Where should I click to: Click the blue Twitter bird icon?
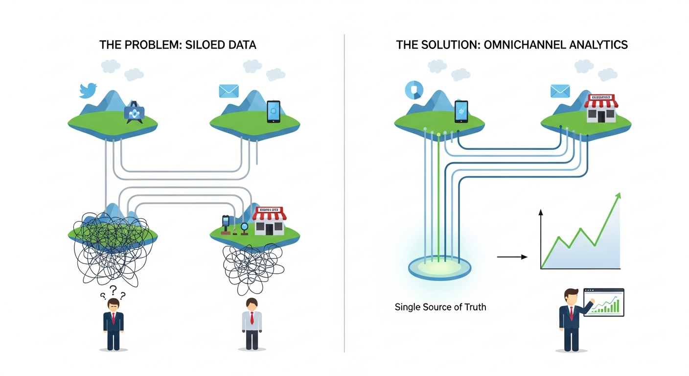[x=89, y=91]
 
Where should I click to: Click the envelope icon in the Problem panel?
[x=229, y=91]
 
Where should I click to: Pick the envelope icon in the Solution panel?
[x=560, y=91]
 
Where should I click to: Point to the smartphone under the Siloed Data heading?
[x=274, y=111]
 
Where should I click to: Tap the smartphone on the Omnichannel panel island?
[x=461, y=111]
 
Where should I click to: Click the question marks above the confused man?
[x=114, y=293]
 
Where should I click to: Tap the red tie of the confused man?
[x=114, y=319]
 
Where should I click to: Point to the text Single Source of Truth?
[x=440, y=307]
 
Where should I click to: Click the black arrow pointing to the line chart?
[x=511, y=257]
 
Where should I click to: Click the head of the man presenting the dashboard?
[x=571, y=296]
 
